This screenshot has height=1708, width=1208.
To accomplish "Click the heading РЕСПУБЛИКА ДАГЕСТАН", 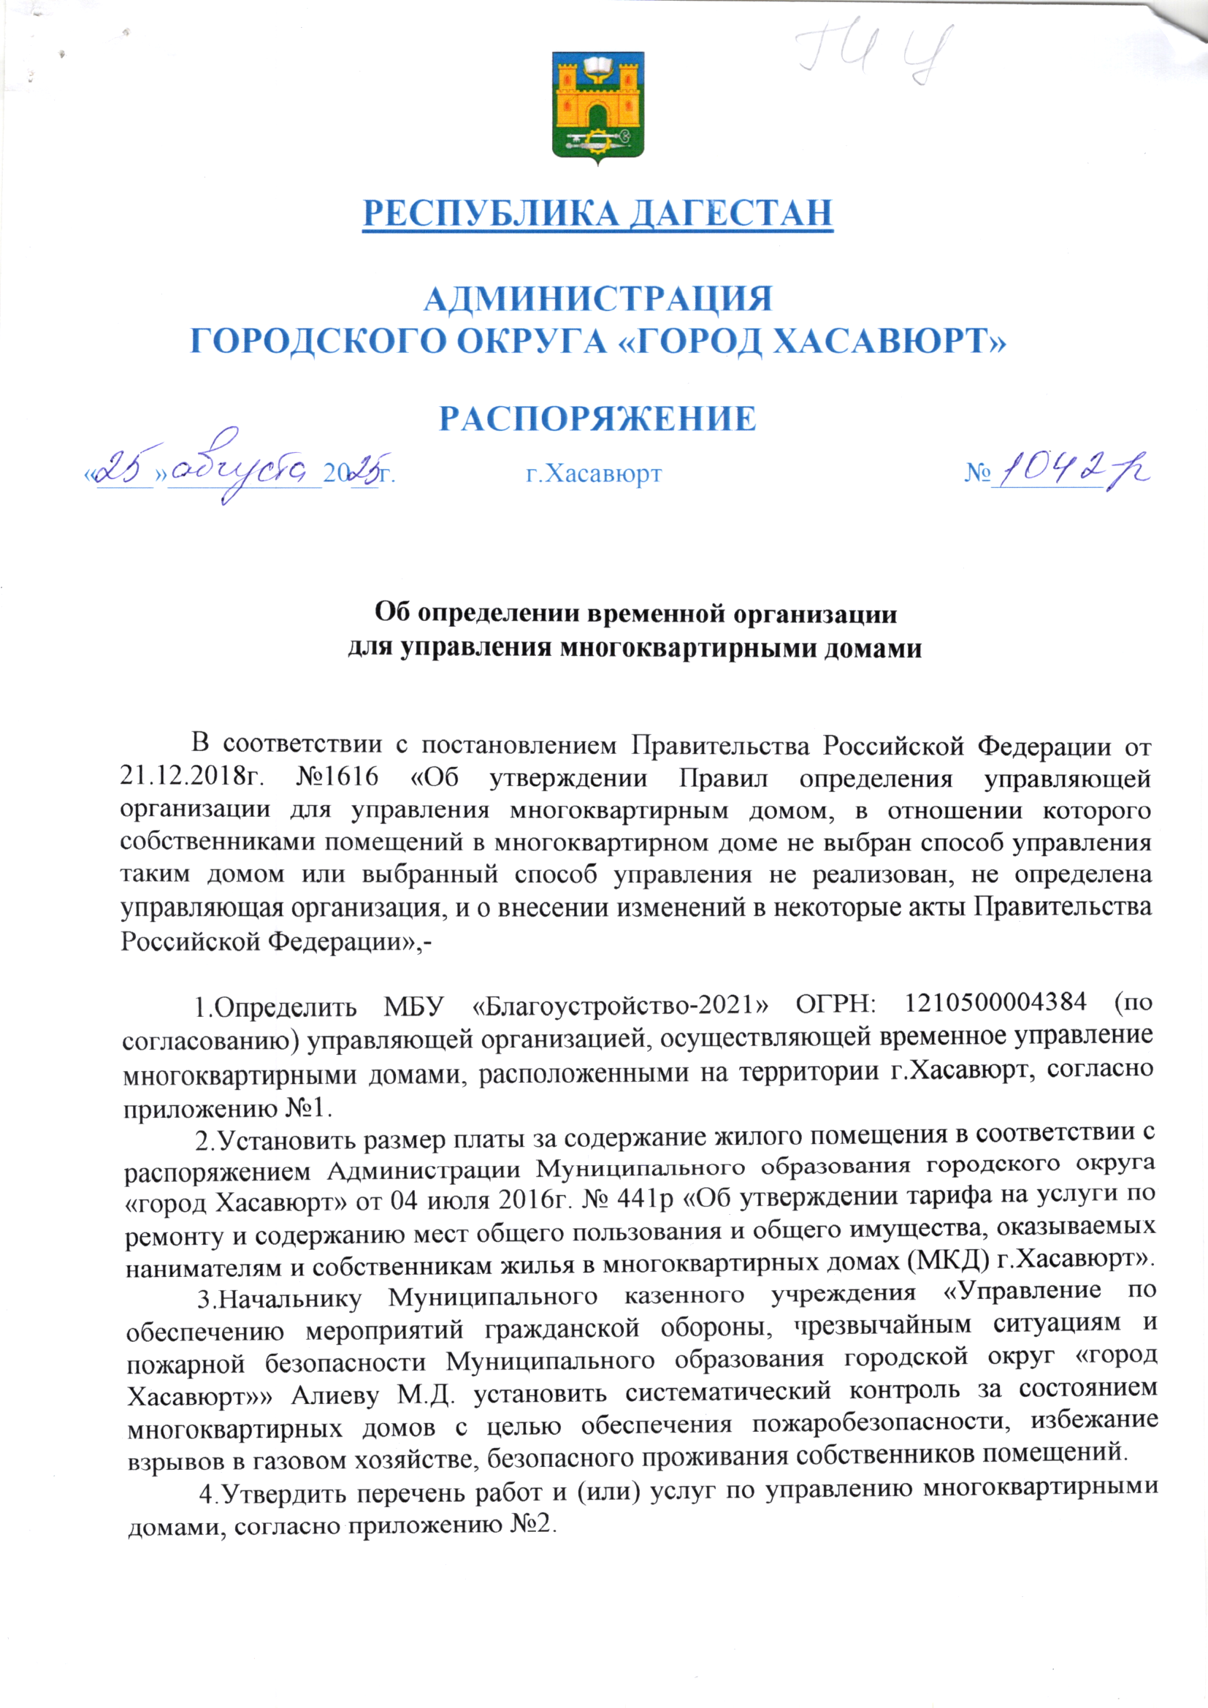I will coord(597,213).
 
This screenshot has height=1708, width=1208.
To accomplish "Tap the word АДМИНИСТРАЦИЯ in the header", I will coord(598,299).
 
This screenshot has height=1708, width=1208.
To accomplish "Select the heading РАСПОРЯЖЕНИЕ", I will coord(597,419).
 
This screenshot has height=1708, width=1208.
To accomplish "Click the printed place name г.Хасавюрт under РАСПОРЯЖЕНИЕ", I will coord(594,473).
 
